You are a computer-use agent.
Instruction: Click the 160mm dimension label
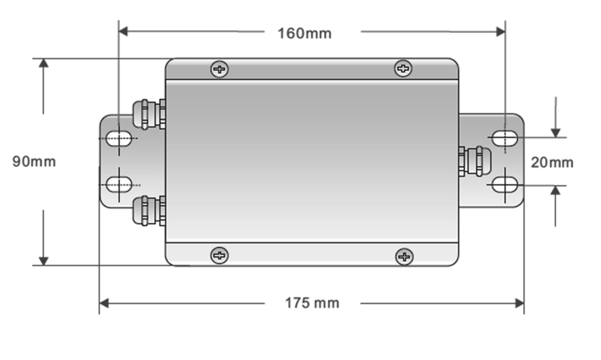point(304,33)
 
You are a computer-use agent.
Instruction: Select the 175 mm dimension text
point(311,303)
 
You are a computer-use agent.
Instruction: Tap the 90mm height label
point(34,161)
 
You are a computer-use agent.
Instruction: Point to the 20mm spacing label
point(552,163)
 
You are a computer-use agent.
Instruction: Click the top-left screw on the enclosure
point(220,69)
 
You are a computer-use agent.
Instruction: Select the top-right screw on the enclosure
point(403,68)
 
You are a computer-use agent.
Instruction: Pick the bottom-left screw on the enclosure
point(220,255)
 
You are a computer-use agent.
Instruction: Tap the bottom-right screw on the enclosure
point(404,256)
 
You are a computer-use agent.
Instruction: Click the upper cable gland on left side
point(148,114)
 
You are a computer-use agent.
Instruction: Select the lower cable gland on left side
point(148,211)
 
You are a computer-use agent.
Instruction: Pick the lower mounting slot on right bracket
point(504,185)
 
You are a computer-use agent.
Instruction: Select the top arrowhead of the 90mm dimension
point(43,64)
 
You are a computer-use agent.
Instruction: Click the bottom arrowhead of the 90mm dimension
point(43,260)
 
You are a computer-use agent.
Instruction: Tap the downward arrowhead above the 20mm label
point(555,132)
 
